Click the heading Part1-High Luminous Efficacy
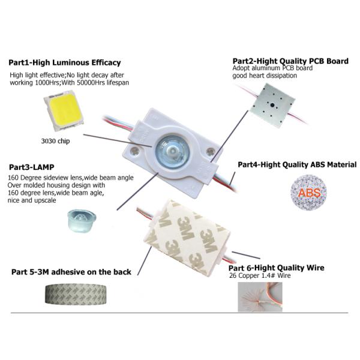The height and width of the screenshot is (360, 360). (64, 62)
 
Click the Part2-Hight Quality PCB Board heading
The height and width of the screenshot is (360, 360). (290, 61)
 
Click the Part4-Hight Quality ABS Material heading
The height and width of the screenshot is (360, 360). (297, 164)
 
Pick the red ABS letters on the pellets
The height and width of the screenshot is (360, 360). (309, 193)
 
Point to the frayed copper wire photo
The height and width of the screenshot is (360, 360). (259, 295)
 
